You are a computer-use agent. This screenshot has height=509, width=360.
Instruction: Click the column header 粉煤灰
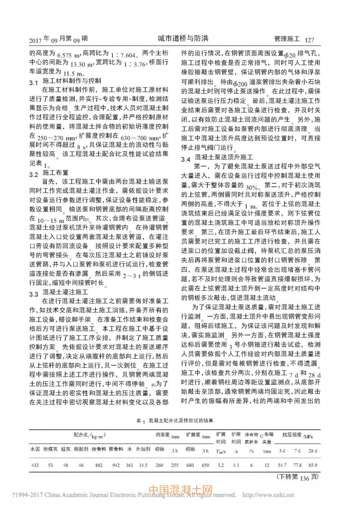tap(50, 449)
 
